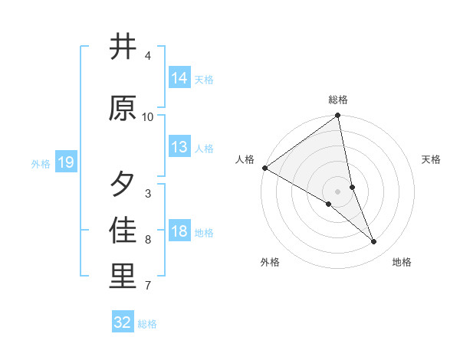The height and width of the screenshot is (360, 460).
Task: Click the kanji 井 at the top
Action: [123, 47]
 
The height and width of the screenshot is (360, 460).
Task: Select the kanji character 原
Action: [123, 108]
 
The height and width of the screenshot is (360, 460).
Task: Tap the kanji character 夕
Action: [123, 184]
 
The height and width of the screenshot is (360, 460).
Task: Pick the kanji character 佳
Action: [123, 230]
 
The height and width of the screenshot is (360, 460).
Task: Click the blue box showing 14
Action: [179, 78]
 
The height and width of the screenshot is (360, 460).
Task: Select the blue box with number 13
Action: [179, 147]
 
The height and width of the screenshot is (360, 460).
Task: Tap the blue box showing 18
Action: [179, 231]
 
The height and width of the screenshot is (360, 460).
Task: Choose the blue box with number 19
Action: [65, 162]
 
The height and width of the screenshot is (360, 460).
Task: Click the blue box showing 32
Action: [123, 322]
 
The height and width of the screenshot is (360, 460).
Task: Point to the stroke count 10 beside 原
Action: [148, 117]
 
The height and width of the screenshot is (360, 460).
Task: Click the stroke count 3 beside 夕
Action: [148, 194]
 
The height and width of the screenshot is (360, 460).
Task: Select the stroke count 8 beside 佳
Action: [148, 240]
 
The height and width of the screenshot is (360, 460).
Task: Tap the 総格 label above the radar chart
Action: [338, 100]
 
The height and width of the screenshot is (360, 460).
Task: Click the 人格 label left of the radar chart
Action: [245, 159]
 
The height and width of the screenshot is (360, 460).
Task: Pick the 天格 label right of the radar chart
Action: [432, 159]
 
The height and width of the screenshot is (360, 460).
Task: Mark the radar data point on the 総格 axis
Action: [338, 116]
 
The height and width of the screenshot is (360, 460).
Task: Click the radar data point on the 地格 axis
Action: [374, 242]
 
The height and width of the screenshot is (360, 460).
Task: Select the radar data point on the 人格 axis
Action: [264, 168]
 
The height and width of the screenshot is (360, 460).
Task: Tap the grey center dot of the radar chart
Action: [338, 191]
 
